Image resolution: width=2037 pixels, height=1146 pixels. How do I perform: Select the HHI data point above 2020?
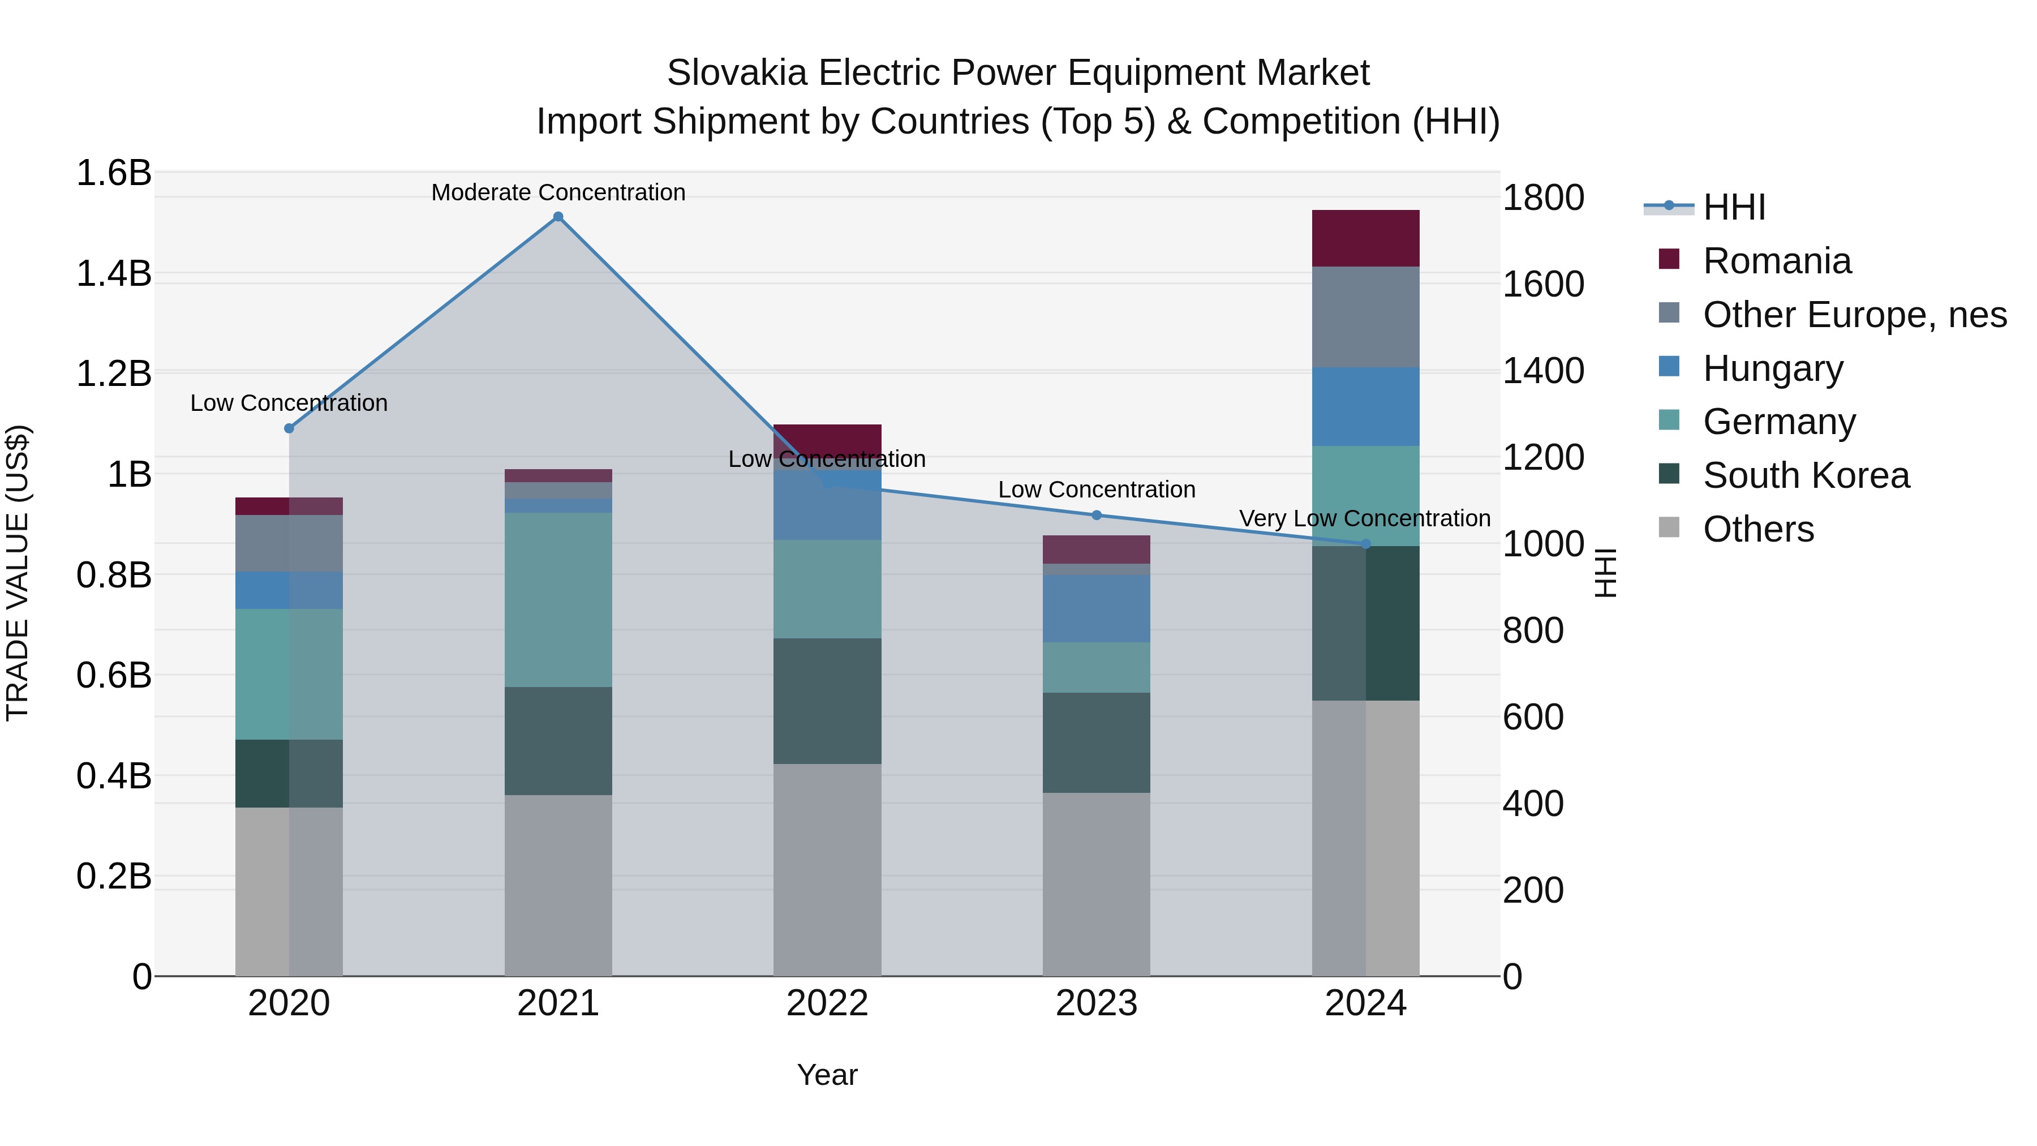[289, 428]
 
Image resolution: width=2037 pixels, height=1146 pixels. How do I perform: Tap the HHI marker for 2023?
[1096, 516]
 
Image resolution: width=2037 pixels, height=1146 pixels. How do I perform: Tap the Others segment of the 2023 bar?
[1096, 884]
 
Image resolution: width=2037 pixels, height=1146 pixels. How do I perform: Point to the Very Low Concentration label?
[1364, 519]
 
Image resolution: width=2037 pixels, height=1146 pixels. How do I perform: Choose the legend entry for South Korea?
[1806, 475]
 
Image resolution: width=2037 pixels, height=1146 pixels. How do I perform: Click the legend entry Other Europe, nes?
[1854, 315]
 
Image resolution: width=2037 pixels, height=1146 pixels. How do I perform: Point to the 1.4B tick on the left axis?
[113, 274]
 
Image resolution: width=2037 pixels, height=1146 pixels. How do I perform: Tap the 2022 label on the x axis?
[827, 1003]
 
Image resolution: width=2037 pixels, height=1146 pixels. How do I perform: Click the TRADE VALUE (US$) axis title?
[18, 573]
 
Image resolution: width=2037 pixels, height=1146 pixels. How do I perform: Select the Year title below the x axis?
[827, 1075]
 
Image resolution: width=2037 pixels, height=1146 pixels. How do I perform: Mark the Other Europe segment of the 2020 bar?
[289, 543]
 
